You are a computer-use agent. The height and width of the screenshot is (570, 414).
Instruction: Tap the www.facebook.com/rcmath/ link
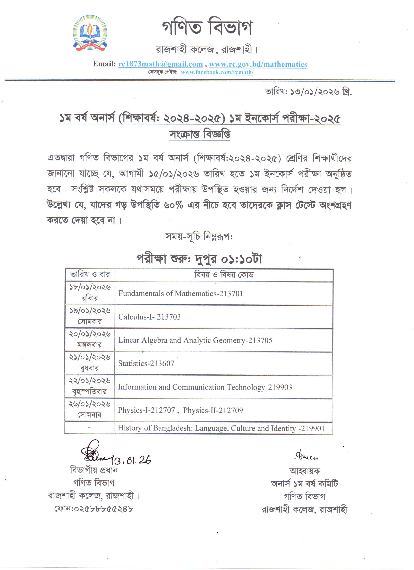(x=217, y=72)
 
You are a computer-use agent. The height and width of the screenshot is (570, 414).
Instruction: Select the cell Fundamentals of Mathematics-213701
(x=181, y=294)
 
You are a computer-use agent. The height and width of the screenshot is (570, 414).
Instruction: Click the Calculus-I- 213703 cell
(x=150, y=317)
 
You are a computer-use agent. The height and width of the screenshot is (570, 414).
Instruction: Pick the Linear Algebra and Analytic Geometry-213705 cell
(x=195, y=340)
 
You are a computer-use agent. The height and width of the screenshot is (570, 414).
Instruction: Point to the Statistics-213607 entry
(x=146, y=363)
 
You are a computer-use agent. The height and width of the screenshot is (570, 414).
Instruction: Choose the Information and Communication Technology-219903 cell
(x=205, y=387)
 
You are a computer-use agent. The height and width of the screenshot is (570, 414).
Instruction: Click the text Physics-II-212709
(x=213, y=410)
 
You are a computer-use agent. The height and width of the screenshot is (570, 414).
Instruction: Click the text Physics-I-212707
(x=146, y=410)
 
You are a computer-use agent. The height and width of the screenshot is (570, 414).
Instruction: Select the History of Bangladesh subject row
(x=221, y=428)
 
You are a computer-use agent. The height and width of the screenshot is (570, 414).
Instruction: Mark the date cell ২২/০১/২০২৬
(x=90, y=381)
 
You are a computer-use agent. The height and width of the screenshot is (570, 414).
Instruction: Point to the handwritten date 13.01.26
(x=131, y=460)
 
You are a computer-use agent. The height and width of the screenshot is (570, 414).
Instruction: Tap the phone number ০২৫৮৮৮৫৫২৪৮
(x=94, y=509)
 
